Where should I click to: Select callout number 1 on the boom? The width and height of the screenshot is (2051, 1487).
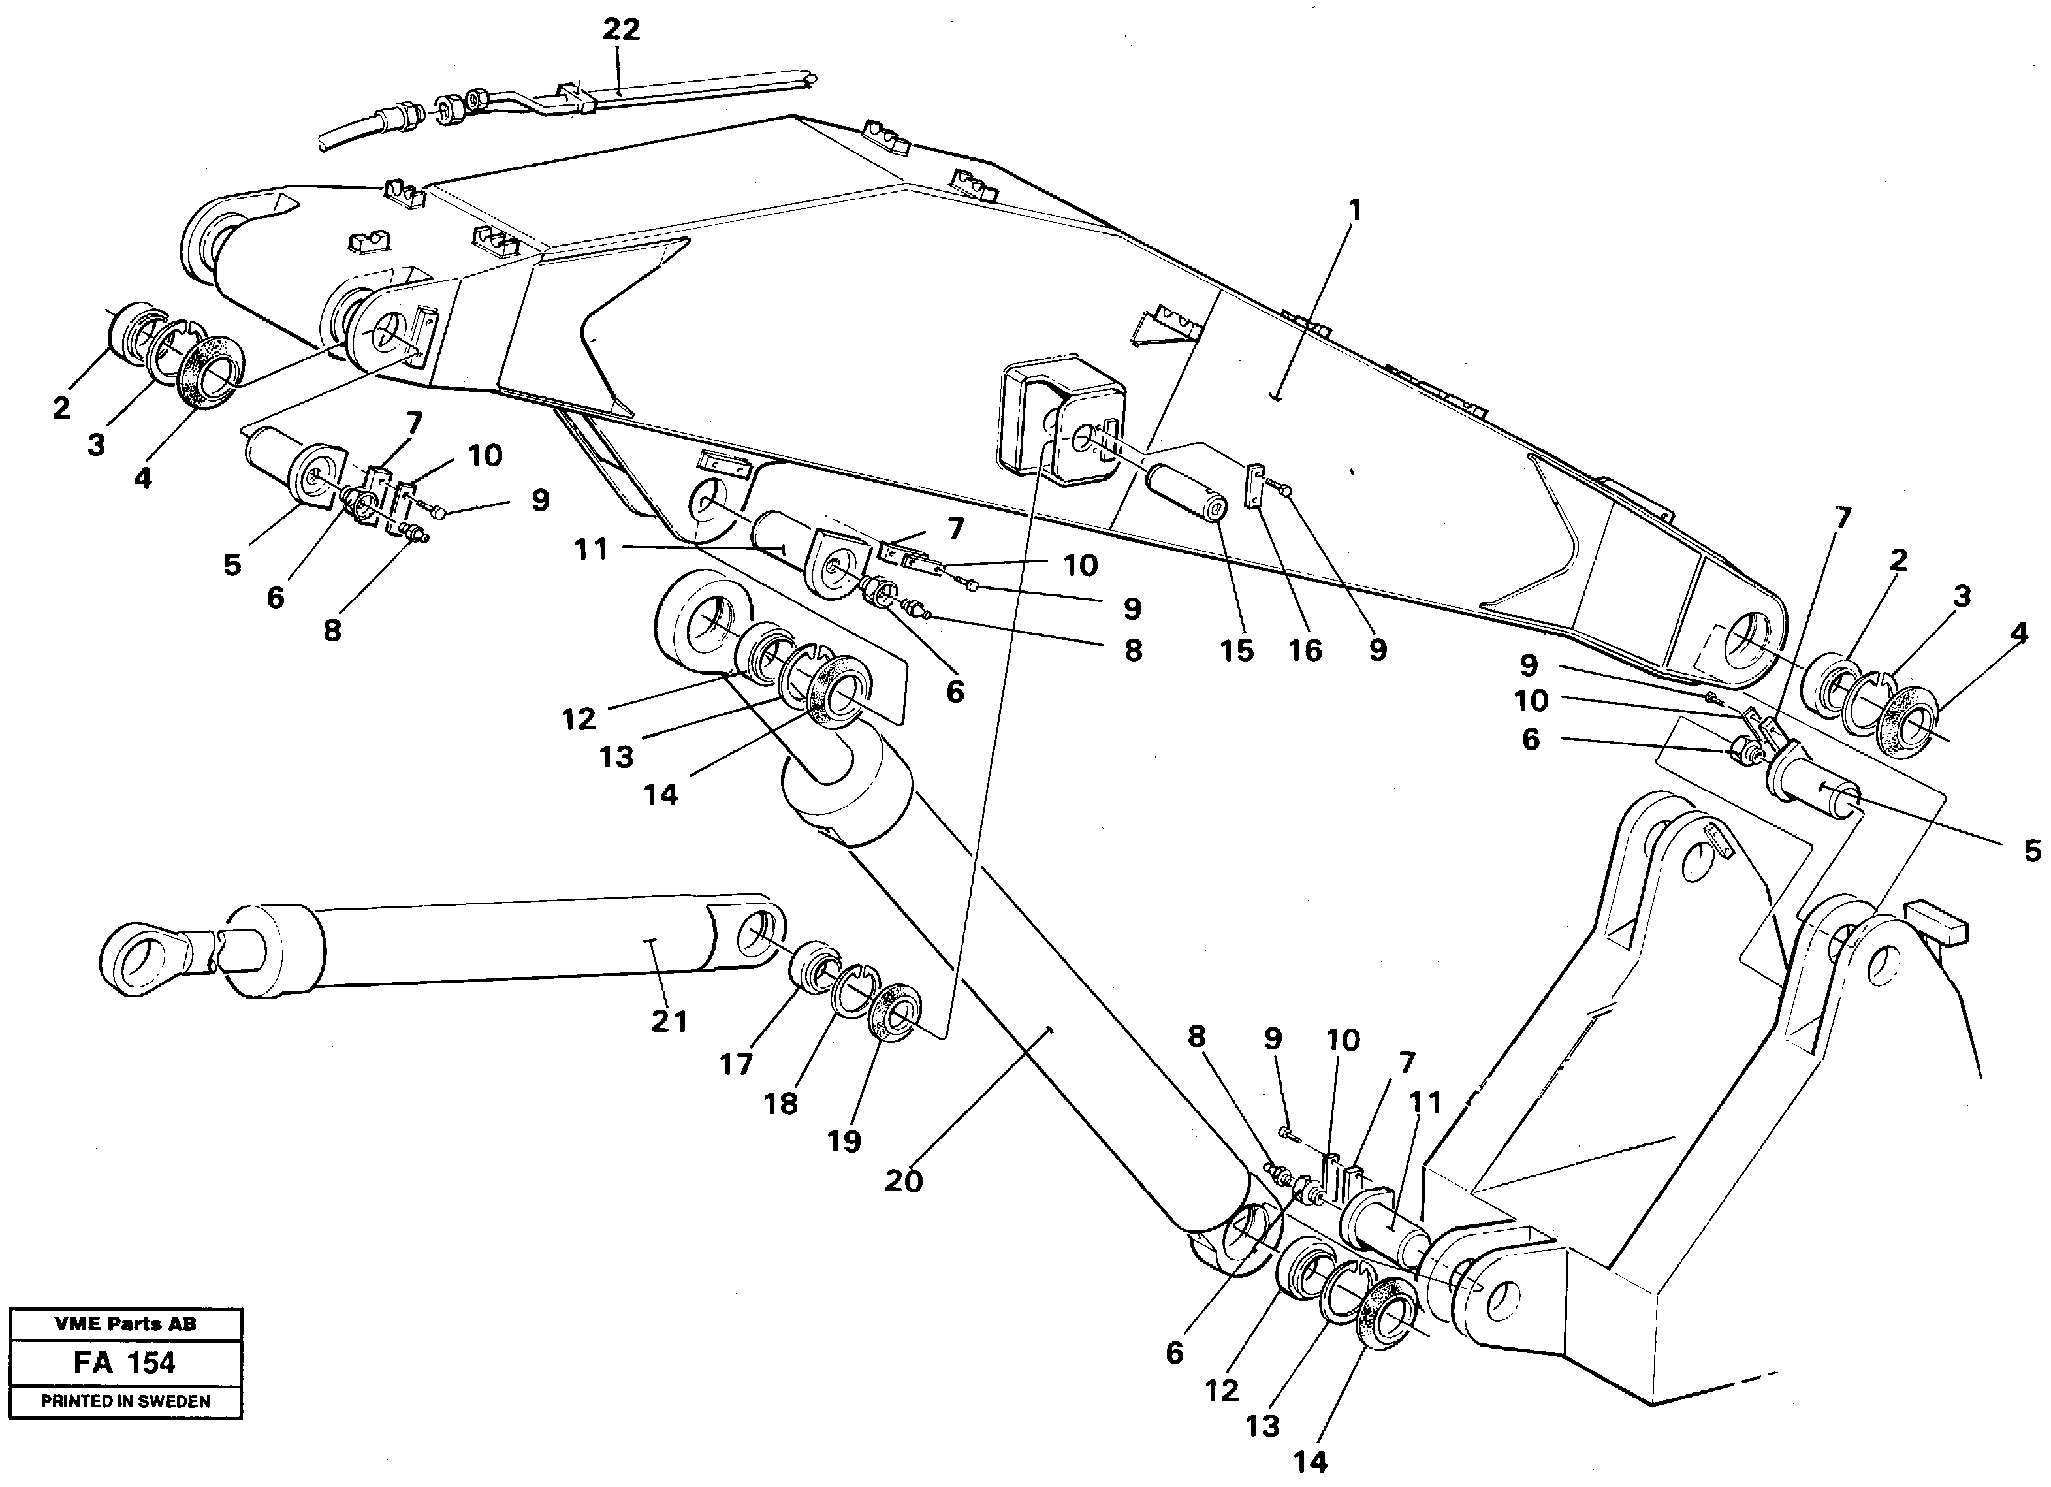pos(1354,211)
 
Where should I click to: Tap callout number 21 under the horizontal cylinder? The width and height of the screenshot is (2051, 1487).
pos(669,1022)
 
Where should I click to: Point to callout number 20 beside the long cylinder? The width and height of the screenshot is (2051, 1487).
pos(904,1180)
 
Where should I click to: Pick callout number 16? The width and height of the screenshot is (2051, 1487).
pos(1305,650)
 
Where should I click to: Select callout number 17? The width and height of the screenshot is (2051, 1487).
pos(736,1064)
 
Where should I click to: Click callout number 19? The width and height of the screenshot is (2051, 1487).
pos(844,1142)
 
